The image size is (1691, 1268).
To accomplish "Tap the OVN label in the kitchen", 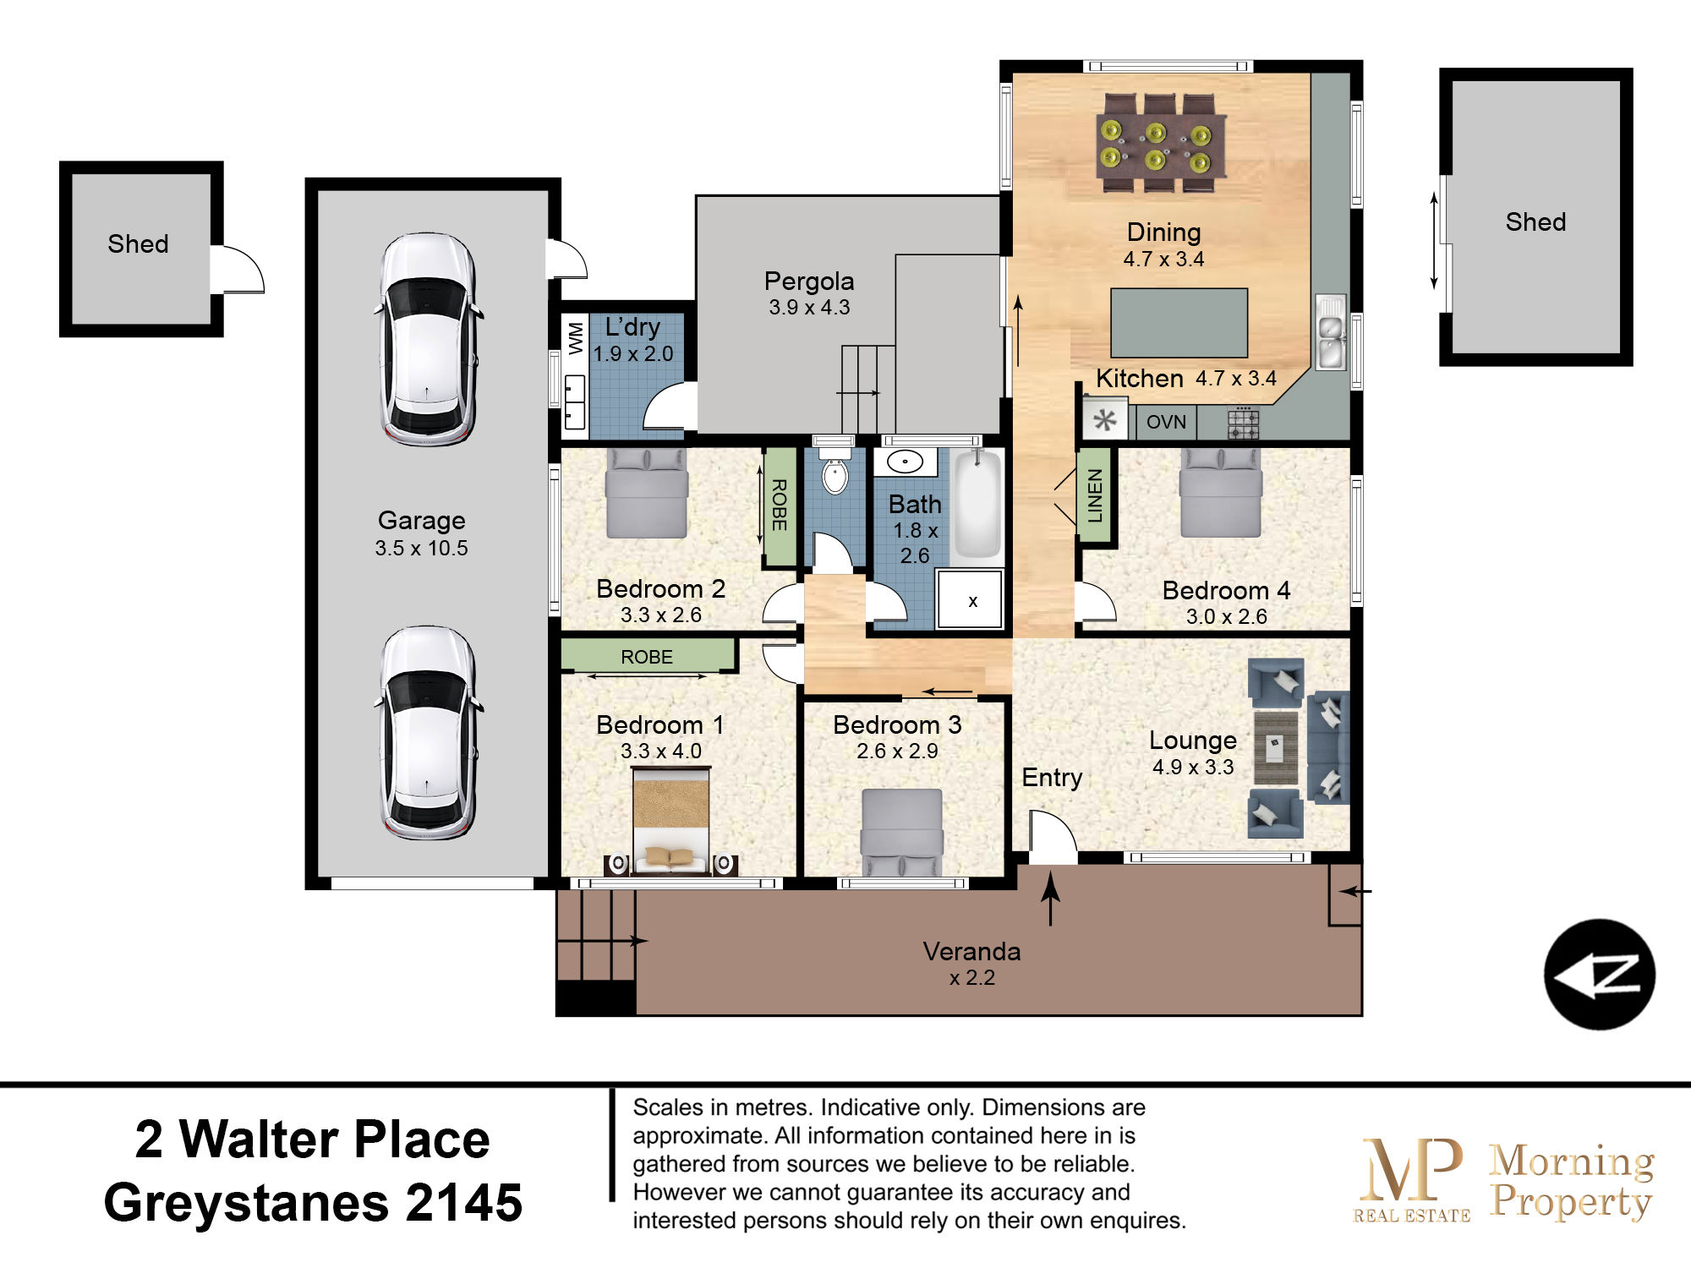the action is pos(1166,422).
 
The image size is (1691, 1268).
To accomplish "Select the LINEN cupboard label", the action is pos(1095,495).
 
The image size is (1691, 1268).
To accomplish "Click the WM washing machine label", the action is pos(576,337).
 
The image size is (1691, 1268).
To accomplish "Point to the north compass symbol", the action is pos(1599,974).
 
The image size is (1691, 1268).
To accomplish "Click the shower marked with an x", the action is pos(971,600).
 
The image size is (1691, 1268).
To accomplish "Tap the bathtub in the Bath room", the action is pos(978,504).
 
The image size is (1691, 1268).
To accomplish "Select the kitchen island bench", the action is pos(1179,323).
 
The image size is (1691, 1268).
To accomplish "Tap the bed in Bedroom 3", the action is pos(901,833).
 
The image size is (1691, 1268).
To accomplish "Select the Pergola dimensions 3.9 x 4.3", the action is pos(809,308).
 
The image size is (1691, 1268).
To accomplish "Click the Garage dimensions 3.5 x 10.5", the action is pos(421,548).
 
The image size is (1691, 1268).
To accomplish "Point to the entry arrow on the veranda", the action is pos(1050,898).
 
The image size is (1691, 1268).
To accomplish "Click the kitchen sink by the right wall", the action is pos(1331,332).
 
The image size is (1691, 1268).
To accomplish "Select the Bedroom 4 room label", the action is pos(1226,590).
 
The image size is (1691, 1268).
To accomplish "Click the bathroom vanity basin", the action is pos(906,462).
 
